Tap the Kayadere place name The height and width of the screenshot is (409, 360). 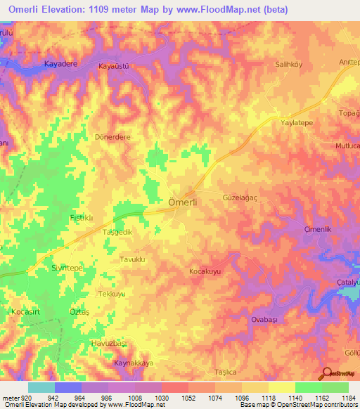60,64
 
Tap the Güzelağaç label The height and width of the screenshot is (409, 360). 240,199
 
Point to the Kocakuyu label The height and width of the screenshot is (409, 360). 206,271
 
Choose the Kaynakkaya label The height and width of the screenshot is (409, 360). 133,363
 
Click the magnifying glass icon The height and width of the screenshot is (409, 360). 327,375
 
